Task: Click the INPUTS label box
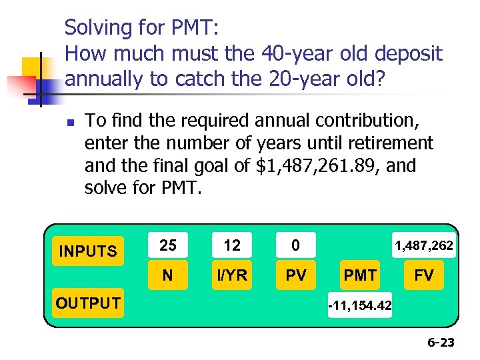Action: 88,251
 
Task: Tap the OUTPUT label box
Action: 88,303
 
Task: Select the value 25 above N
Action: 169,245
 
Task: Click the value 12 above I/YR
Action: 232,245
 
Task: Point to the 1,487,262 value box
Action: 424,246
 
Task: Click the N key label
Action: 169,275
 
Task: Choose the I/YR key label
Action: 232,275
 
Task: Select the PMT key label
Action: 360,275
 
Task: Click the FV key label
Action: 424,275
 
